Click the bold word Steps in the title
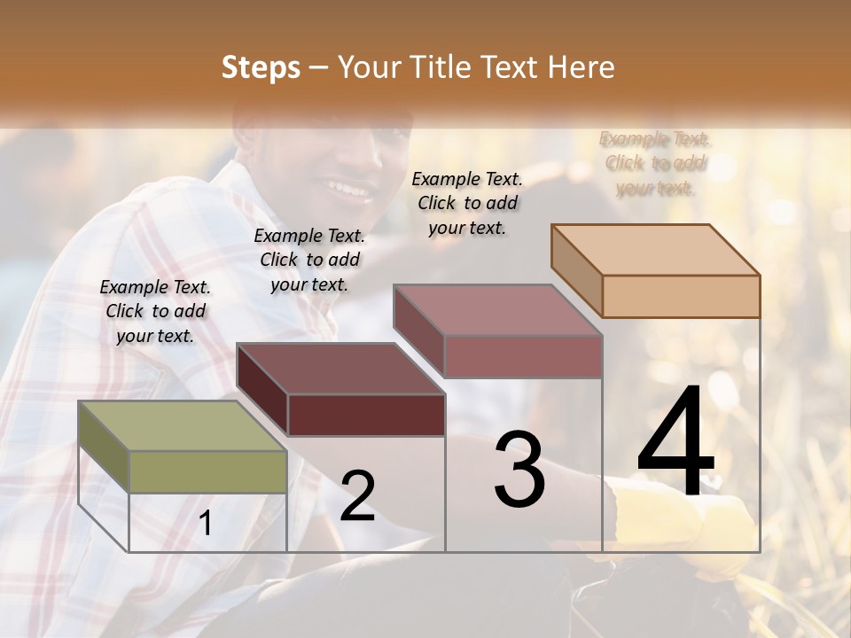coord(261,67)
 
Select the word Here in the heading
coord(581,67)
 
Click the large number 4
coord(675,442)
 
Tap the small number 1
coord(206,524)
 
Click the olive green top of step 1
coord(182,426)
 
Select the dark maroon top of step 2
coord(340,368)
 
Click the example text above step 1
coord(155,311)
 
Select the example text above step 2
coord(309,260)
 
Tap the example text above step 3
coord(467,203)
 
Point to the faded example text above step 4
coord(655,163)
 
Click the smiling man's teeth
coord(348,189)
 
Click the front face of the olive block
coord(208,471)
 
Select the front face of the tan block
coord(681,296)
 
